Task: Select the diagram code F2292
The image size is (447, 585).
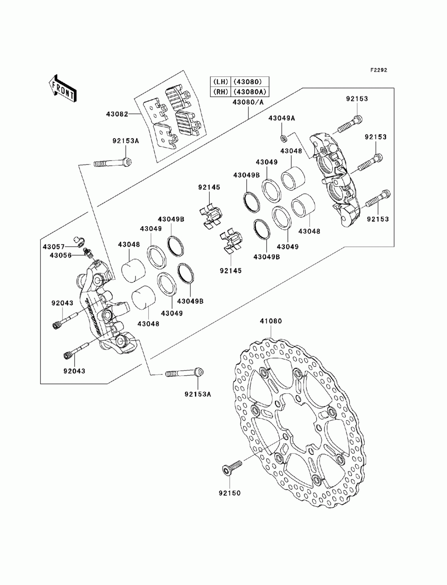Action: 379,70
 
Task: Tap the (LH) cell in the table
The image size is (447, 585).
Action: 220,81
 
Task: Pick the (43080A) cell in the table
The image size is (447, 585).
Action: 249,92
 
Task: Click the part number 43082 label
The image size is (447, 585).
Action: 117,114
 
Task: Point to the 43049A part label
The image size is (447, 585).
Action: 282,118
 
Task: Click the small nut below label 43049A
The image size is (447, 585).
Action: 283,139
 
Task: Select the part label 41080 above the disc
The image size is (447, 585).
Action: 271,321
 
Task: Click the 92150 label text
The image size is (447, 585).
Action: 230,493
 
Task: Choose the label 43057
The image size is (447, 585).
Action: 54,247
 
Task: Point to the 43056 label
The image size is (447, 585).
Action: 61,255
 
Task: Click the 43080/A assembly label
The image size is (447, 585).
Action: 248,102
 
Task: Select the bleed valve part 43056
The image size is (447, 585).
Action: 87,252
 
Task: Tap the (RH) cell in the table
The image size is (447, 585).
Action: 220,92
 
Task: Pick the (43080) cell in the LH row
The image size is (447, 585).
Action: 249,81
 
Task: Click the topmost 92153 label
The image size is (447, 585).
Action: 357,99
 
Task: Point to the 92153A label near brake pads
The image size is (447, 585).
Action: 126,141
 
